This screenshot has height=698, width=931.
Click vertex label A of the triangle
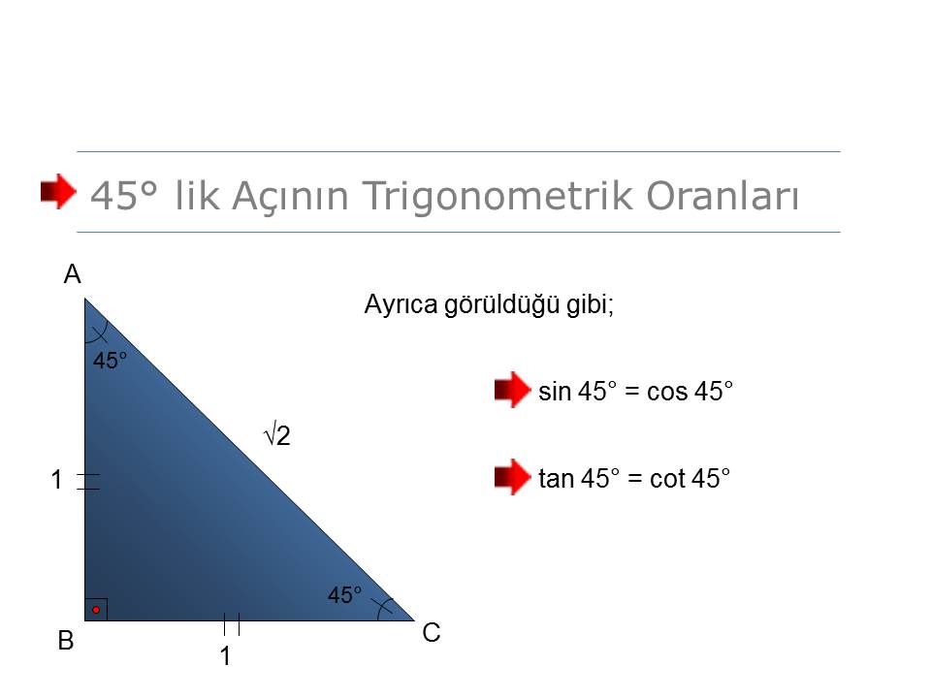coord(73,274)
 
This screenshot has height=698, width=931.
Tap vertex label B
coord(66,641)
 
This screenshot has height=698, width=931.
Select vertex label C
coord(432,633)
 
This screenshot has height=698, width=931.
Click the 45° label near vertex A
coord(110,361)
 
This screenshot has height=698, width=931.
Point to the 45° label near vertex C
coord(344,594)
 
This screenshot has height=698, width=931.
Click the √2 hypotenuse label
coord(276,436)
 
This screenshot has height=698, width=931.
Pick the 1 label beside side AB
coord(56,480)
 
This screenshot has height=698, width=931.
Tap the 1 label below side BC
coord(225,656)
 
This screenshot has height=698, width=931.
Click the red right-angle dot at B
coord(96,610)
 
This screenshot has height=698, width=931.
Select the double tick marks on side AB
coord(88,482)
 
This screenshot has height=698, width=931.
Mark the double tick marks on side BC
coord(232,624)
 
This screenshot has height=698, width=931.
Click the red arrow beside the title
coord(58,191)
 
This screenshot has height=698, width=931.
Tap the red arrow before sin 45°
coord(512,390)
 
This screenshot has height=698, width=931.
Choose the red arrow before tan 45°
coord(512,477)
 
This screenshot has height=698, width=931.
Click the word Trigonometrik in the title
coord(498,196)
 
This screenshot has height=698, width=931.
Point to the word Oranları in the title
coord(723,195)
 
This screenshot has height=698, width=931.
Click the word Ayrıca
coord(401,305)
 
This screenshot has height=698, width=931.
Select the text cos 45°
coord(690,391)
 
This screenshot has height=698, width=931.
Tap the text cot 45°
coord(690,478)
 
